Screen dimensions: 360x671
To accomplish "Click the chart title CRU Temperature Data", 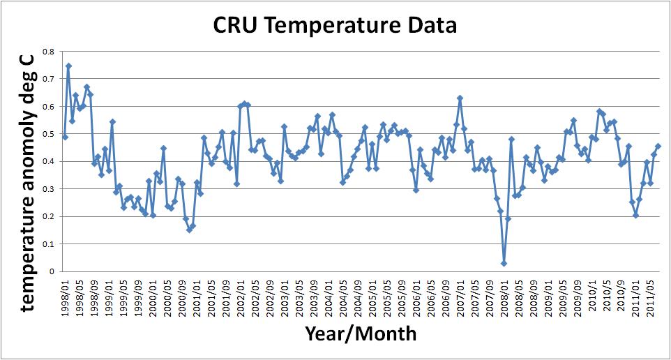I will [335, 26].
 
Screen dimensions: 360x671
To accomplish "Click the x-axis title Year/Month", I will [361, 334].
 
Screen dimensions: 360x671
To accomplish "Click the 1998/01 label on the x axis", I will [65, 298].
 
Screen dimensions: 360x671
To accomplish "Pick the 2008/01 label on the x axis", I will [504, 298].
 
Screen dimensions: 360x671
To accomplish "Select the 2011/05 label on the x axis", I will [650, 298].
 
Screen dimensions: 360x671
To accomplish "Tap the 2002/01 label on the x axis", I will [241, 298].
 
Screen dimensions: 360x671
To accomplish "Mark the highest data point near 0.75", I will [68, 66].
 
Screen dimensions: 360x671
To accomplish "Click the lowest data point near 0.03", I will [504, 263].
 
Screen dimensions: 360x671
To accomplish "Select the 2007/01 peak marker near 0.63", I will [460, 98].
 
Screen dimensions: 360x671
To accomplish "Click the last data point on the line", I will [658, 146].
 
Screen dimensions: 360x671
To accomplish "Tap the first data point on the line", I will [65, 137].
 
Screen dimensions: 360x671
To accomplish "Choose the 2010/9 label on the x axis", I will [621, 299].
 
